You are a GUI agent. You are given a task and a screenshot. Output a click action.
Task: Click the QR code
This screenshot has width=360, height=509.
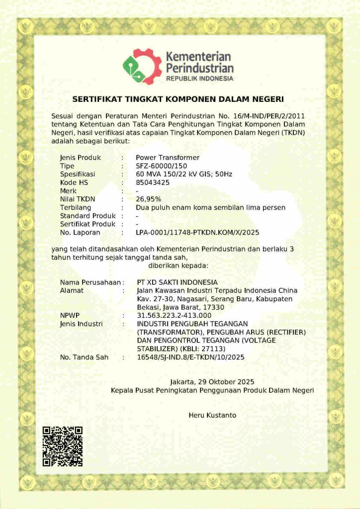[62, 446]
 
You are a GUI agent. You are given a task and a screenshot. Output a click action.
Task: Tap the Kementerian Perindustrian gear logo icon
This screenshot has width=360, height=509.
[142, 67]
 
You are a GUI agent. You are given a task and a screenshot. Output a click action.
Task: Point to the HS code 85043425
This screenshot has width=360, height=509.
[153, 182]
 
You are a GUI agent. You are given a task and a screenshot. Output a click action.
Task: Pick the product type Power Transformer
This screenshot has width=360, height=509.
[168, 158]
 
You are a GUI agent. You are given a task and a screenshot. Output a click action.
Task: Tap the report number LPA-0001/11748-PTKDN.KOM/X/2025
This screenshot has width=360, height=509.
[197, 233]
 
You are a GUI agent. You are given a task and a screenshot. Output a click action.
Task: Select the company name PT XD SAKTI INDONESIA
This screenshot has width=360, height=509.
[177, 282]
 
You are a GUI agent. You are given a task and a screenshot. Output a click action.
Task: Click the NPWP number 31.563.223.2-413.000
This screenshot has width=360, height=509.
[174, 316]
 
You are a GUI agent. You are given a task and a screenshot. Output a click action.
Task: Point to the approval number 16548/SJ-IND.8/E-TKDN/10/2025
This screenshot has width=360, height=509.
[190, 357]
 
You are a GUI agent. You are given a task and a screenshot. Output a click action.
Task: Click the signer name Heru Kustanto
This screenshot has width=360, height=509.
[212, 415]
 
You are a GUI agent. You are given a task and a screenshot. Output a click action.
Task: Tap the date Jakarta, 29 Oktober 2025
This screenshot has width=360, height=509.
[212, 382]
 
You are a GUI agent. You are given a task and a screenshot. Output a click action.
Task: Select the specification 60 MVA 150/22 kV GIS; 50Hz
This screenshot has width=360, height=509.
[184, 174]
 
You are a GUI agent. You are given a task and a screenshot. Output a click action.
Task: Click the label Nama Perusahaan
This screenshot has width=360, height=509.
[90, 282]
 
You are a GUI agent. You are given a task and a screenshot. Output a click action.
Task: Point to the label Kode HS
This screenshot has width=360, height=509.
[74, 182]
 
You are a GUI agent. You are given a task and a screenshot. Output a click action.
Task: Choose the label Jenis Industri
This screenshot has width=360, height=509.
[81, 324]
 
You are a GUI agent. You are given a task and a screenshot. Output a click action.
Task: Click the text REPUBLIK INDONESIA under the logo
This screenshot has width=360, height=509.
[199, 79]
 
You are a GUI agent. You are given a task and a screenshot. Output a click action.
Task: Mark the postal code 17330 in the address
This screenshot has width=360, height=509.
[214, 307]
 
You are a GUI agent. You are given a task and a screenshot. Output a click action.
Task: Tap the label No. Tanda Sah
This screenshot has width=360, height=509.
[84, 357]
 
